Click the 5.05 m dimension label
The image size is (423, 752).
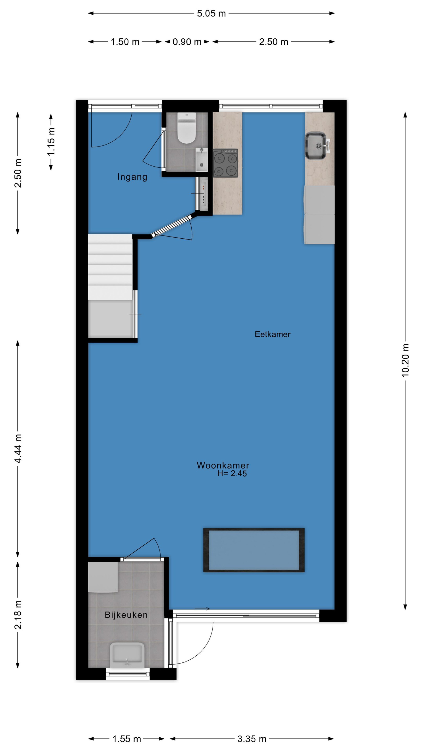(211, 13)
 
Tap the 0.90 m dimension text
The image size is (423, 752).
(187, 42)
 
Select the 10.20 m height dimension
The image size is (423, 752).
(405, 360)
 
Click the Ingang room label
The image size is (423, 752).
(132, 177)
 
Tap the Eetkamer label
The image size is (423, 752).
(272, 334)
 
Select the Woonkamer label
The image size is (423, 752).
(223, 465)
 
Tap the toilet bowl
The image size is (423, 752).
(186, 128)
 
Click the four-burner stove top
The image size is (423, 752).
(225, 163)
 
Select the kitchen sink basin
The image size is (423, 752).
(316, 146)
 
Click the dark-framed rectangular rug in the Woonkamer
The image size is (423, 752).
(254, 550)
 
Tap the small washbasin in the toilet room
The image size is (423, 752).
(201, 159)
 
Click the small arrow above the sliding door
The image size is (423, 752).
(202, 609)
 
